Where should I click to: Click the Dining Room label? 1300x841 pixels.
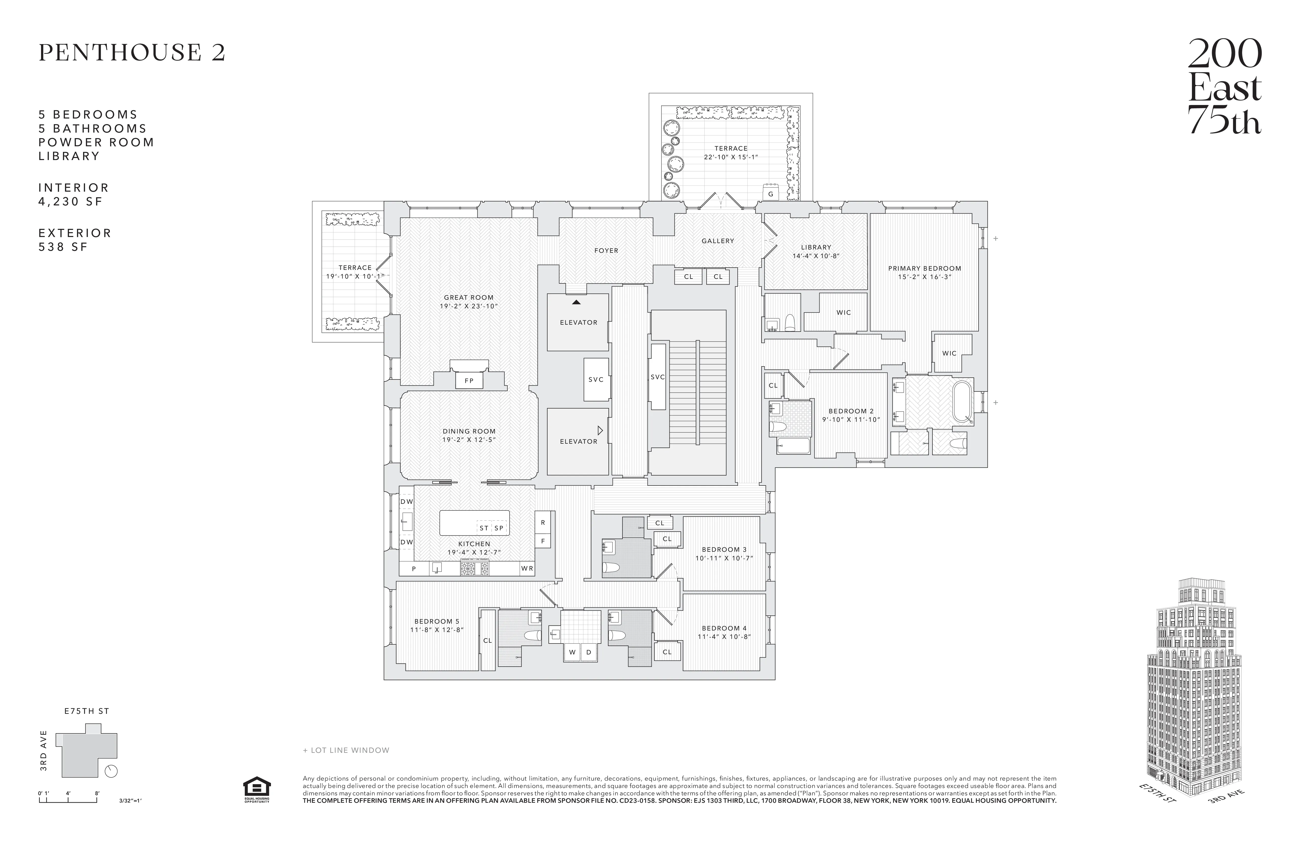point(469,435)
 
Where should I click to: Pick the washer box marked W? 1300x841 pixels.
point(572,652)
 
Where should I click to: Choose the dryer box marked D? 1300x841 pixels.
point(588,652)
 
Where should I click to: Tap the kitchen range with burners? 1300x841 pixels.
point(475,569)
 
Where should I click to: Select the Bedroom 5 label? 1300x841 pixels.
point(436,625)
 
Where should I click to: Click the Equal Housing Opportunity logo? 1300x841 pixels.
point(256,790)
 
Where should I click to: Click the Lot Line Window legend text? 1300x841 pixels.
point(346,750)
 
